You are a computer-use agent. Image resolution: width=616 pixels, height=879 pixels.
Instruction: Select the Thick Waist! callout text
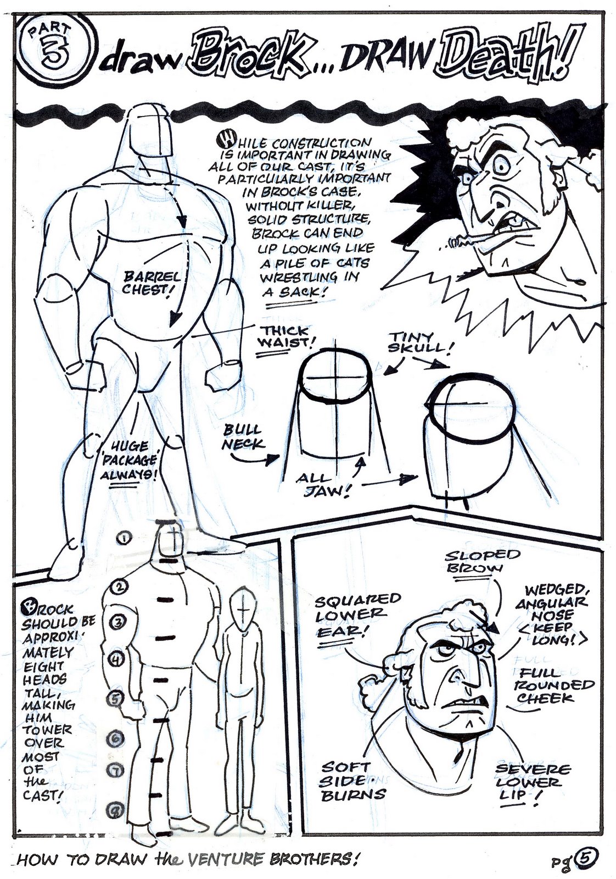[x=285, y=335]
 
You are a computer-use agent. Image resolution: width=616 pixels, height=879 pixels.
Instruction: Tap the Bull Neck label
[x=243, y=437]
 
